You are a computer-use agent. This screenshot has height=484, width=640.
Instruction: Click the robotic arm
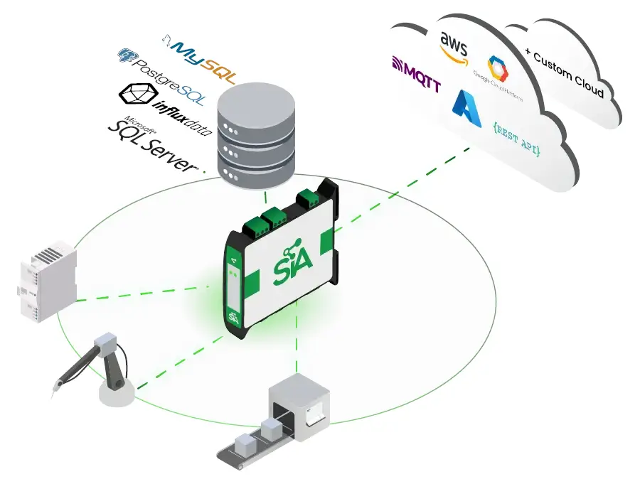[x=107, y=370]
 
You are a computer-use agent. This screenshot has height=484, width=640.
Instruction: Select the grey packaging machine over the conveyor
[x=299, y=406]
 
